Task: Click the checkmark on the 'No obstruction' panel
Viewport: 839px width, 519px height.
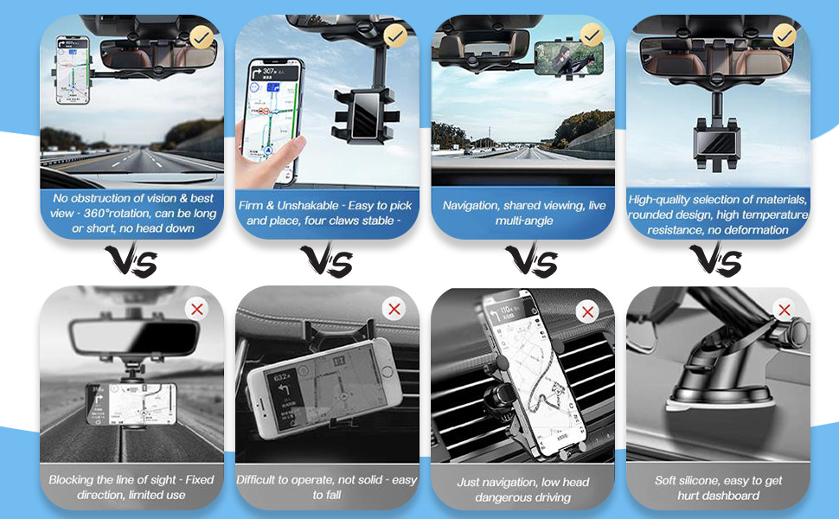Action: click(202, 36)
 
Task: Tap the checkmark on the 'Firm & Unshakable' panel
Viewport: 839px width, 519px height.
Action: click(396, 35)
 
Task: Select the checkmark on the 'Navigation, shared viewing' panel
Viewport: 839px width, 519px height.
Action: click(592, 35)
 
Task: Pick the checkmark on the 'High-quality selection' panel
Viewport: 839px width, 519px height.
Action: click(785, 35)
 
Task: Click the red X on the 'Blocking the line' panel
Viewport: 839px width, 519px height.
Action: click(197, 309)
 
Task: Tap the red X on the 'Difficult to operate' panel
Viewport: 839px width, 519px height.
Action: click(394, 309)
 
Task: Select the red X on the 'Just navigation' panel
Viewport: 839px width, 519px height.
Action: click(588, 311)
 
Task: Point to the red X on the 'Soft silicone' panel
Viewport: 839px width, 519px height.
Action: click(785, 310)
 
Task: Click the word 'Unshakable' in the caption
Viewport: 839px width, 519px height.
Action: click(311, 205)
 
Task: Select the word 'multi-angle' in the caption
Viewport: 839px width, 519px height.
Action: click(524, 221)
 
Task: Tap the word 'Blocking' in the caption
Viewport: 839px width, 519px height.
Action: click(72, 479)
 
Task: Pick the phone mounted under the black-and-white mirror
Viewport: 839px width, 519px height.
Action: click(131, 403)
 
